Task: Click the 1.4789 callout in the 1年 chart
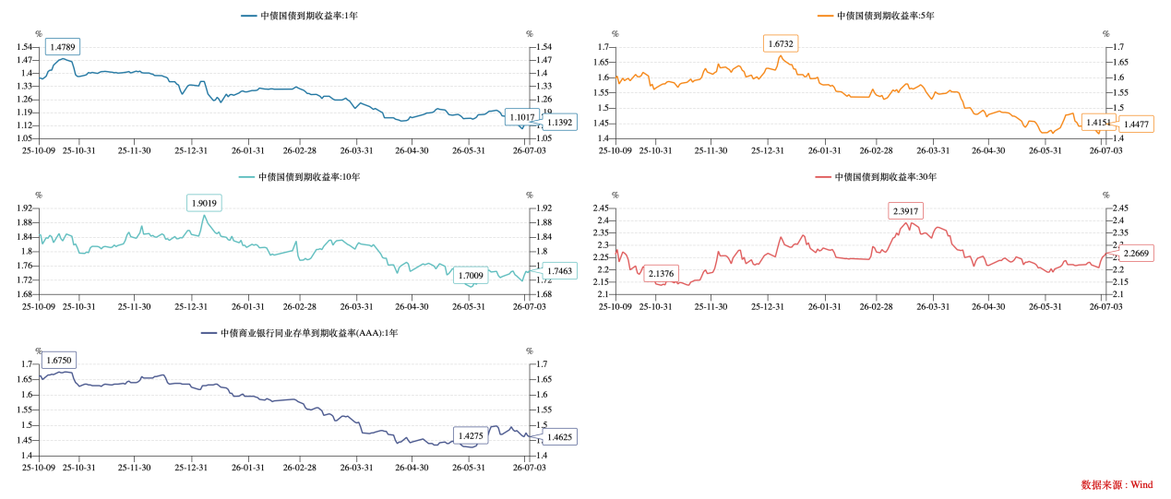click(x=63, y=47)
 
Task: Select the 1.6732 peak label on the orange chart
click(x=781, y=44)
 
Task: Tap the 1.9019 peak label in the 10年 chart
click(x=204, y=203)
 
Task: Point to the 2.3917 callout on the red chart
click(x=905, y=211)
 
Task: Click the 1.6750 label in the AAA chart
click(x=59, y=360)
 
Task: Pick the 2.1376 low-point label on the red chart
click(x=661, y=273)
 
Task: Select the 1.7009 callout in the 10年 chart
click(x=471, y=276)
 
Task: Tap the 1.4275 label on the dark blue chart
click(x=471, y=435)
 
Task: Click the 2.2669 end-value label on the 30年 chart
click(x=1136, y=254)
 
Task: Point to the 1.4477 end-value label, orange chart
click(x=1136, y=125)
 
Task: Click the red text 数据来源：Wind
click(x=1117, y=485)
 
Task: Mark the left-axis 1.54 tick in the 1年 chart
click(x=24, y=47)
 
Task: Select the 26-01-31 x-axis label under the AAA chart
click(x=248, y=468)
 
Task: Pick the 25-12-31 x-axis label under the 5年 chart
click(x=768, y=150)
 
